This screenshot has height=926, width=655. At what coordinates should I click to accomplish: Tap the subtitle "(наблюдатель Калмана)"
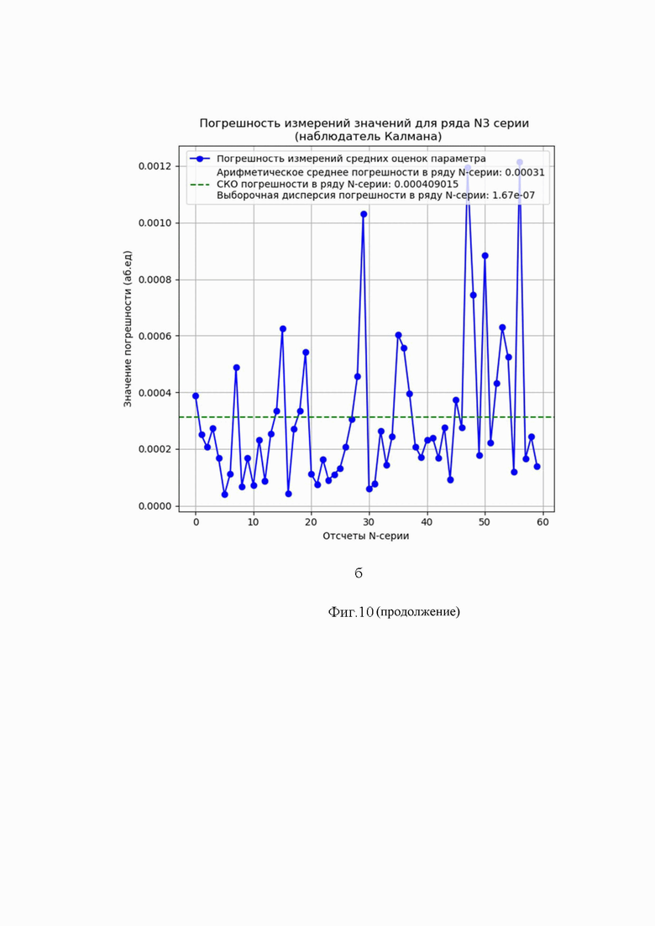point(368,136)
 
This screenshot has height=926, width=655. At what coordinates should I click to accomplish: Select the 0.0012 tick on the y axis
point(155,166)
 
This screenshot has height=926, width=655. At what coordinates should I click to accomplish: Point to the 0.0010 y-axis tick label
point(155,222)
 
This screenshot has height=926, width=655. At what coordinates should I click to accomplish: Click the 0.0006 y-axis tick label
point(155,336)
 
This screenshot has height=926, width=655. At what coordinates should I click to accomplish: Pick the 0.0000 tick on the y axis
point(155,506)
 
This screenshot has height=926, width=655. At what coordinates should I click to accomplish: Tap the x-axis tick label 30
point(369,522)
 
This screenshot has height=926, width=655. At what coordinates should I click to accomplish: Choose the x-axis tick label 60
point(542,522)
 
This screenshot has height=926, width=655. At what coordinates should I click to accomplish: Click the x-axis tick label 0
point(196,522)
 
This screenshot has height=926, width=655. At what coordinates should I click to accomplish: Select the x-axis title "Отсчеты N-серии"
point(366,536)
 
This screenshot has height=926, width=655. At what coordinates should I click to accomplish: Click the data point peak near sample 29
point(364,214)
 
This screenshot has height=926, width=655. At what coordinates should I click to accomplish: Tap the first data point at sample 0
point(196,395)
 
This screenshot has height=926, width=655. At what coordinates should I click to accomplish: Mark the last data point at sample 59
point(537,466)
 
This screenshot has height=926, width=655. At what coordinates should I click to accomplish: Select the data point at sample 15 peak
point(283,328)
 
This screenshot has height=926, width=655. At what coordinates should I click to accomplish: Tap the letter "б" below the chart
point(359,573)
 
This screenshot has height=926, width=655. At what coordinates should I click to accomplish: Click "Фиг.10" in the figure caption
point(350,612)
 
